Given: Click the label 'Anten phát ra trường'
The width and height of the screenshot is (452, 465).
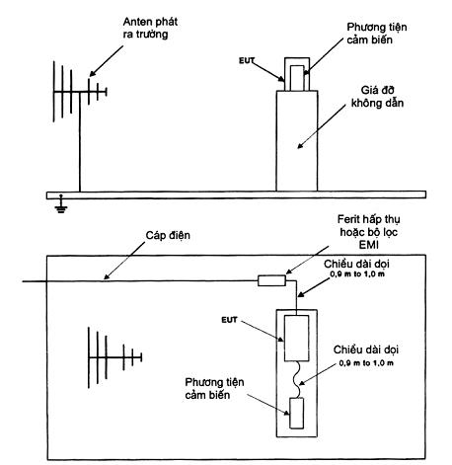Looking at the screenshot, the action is point(150,28).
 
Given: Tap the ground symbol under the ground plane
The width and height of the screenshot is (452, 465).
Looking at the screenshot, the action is point(61,205).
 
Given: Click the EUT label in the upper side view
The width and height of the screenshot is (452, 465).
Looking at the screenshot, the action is point(247,60).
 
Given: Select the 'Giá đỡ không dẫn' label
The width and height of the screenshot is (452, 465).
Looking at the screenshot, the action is point(377,97).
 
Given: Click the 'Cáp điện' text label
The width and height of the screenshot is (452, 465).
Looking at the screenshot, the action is point(168,235).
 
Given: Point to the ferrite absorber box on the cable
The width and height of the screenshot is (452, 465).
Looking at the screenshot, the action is point(271,280).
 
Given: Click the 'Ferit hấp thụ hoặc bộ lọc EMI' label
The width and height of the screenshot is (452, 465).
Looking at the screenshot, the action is point(368,232).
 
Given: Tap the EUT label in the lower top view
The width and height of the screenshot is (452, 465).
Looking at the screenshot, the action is point(229,320).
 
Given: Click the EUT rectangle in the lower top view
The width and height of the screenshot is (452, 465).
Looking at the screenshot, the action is point(296,339).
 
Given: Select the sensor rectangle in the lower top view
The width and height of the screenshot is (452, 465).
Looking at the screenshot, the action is point(296,413).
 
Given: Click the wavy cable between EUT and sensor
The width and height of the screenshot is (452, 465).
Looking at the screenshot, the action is point(298,379).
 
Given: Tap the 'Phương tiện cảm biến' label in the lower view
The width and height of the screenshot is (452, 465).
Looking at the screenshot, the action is point(214,388).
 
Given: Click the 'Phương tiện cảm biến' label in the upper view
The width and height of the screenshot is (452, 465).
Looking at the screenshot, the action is point(377,34).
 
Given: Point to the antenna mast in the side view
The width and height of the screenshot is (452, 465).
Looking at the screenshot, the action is point(80,141).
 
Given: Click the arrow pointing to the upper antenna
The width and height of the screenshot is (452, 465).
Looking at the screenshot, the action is point(107,61).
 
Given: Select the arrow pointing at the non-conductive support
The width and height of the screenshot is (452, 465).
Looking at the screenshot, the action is point(322,126).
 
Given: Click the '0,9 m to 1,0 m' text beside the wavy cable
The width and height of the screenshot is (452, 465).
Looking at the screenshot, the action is point(366,363).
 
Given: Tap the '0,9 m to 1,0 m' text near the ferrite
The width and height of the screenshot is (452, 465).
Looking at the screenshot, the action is point(357,274).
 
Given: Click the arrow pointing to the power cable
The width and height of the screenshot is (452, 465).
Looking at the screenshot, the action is point(124,261).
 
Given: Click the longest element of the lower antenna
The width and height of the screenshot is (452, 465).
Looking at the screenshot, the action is point(89,357).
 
